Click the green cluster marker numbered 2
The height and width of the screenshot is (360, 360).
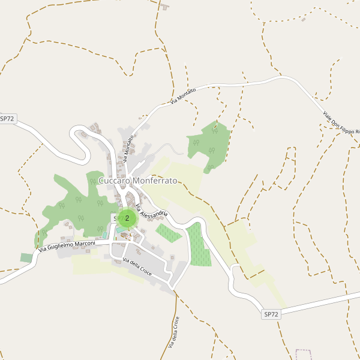coord(127,218)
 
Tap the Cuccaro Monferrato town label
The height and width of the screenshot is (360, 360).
coord(137,181)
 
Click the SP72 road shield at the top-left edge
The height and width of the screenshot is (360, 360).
coord(7,119)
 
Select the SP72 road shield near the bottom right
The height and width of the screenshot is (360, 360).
coord(271,314)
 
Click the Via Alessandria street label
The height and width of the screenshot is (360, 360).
coord(151,211)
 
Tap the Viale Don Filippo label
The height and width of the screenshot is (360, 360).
coord(340,123)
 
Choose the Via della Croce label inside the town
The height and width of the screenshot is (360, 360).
coord(137,268)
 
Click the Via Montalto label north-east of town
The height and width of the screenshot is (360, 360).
coord(183,95)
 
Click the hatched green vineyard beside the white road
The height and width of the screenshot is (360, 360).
coord(199,245)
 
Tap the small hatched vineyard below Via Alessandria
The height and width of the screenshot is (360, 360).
coord(169,233)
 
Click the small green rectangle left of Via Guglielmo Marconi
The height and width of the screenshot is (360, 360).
coord(26,257)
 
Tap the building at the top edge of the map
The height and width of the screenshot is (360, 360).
coord(164,7)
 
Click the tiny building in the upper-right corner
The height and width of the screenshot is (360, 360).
coord(304,19)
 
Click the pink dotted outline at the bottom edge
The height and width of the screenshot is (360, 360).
coord(304,355)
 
